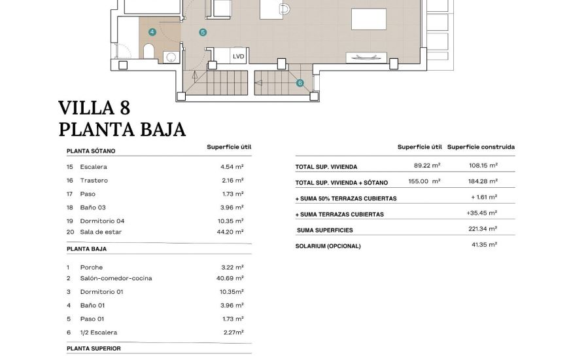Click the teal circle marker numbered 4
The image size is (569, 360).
pos(152,31)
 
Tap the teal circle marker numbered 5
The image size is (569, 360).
pos(203,32)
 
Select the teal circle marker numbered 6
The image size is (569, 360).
pos(300,83)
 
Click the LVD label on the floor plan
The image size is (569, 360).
pos(238,56)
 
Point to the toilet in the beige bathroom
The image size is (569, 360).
pos(148,51)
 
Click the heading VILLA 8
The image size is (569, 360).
pos(94,108)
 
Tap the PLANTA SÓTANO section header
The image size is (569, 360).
pos(91,151)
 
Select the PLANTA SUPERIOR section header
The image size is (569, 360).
pos(94,348)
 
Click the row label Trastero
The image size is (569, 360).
pos(94,180)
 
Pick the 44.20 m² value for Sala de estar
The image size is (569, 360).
pos(232,232)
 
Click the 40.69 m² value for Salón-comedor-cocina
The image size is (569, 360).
pos(232,278)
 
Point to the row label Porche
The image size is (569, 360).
pos(91,267)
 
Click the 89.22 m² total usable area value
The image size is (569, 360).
pos(427,166)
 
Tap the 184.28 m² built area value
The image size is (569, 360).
pos(484,181)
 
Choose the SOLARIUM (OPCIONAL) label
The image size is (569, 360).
pos(328,246)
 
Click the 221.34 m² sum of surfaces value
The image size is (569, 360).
pos(483,229)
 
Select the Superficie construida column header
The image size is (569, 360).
pos(481,147)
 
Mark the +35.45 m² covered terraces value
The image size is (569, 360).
pos(482,213)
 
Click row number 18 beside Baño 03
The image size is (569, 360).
pos(70,207)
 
